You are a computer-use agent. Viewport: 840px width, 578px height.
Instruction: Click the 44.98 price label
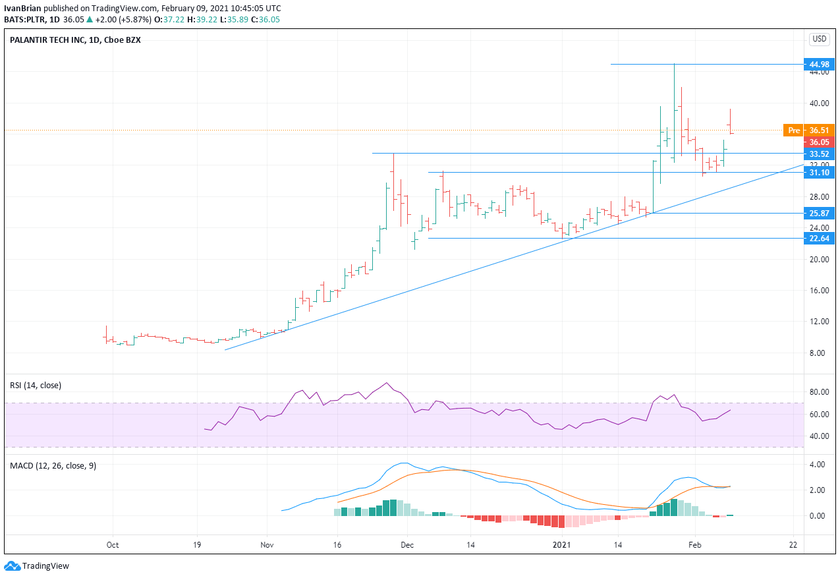tap(820, 64)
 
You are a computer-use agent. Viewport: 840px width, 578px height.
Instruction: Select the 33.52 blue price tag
tap(820, 154)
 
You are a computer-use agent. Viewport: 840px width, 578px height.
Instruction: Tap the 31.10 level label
tap(820, 172)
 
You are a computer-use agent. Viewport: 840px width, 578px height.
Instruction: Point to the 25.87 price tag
tap(820, 213)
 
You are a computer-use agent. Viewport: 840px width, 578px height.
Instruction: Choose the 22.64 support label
tap(820, 239)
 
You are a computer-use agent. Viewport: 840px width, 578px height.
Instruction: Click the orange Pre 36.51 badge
tap(808, 130)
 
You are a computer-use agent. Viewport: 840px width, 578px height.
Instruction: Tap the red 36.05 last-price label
tap(820, 142)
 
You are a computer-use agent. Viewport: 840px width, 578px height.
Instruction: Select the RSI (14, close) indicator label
tap(35, 385)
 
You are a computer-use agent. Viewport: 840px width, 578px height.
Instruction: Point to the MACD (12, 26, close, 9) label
tap(53, 465)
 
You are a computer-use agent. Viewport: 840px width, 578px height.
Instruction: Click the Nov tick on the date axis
tap(267, 545)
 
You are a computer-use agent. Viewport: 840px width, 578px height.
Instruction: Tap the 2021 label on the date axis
tap(561, 545)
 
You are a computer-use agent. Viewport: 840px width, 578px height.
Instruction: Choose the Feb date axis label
tap(694, 545)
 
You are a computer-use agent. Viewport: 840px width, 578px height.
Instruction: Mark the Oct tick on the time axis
tap(112, 545)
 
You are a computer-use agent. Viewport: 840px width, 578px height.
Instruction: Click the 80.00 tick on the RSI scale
tap(818, 392)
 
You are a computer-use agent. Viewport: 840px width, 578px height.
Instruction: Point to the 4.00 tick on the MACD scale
tap(818, 465)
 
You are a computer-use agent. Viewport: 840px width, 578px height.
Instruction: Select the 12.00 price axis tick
tap(818, 322)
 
